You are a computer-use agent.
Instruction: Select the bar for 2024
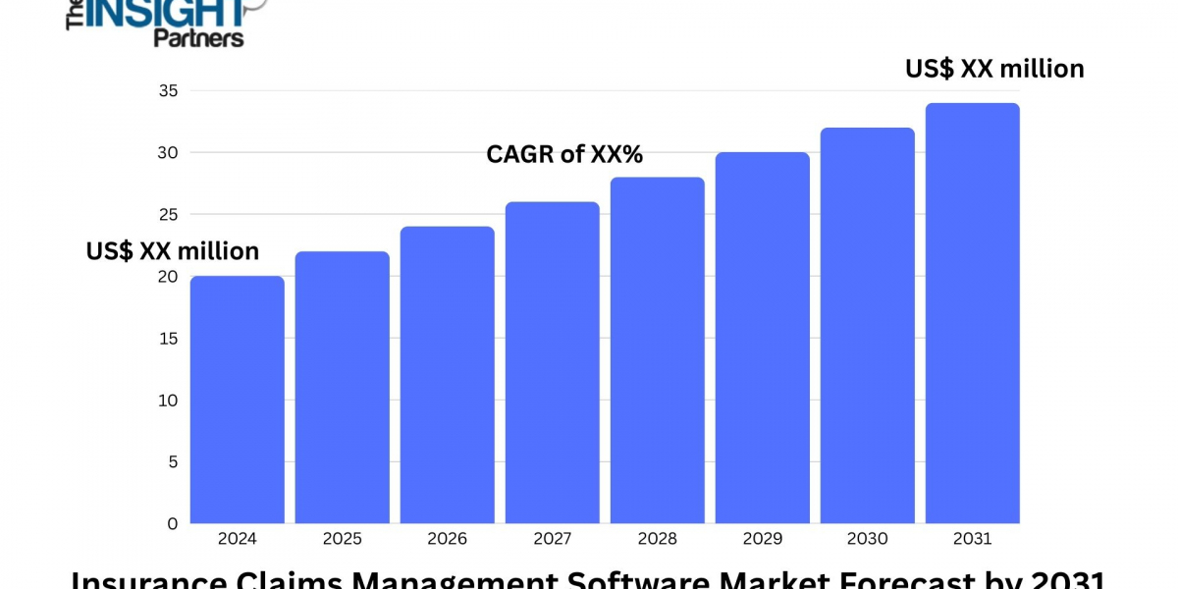(x=238, y=400)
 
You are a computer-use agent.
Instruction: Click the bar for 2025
(x=343, y=388)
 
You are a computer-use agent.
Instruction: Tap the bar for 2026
(x=448, y=375)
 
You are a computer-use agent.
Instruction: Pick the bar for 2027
(x=553, y=362)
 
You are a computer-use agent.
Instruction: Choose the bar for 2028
(x=658, y=350)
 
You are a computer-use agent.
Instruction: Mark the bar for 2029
(x=763, y=338)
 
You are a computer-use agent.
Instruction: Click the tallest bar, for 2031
(x=973, y=313)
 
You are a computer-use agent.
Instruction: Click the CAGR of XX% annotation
(x=564, y=154)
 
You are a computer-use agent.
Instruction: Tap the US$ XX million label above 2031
(x=994, y=69)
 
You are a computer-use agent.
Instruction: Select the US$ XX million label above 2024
(x=173, y=251)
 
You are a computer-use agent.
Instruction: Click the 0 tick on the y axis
(x=173, y=523)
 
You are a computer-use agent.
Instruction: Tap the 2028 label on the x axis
(x=658, y=539)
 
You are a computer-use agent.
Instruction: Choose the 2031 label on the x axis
(x=973, y=539)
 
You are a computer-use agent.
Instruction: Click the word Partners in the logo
(x=198, y=37)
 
